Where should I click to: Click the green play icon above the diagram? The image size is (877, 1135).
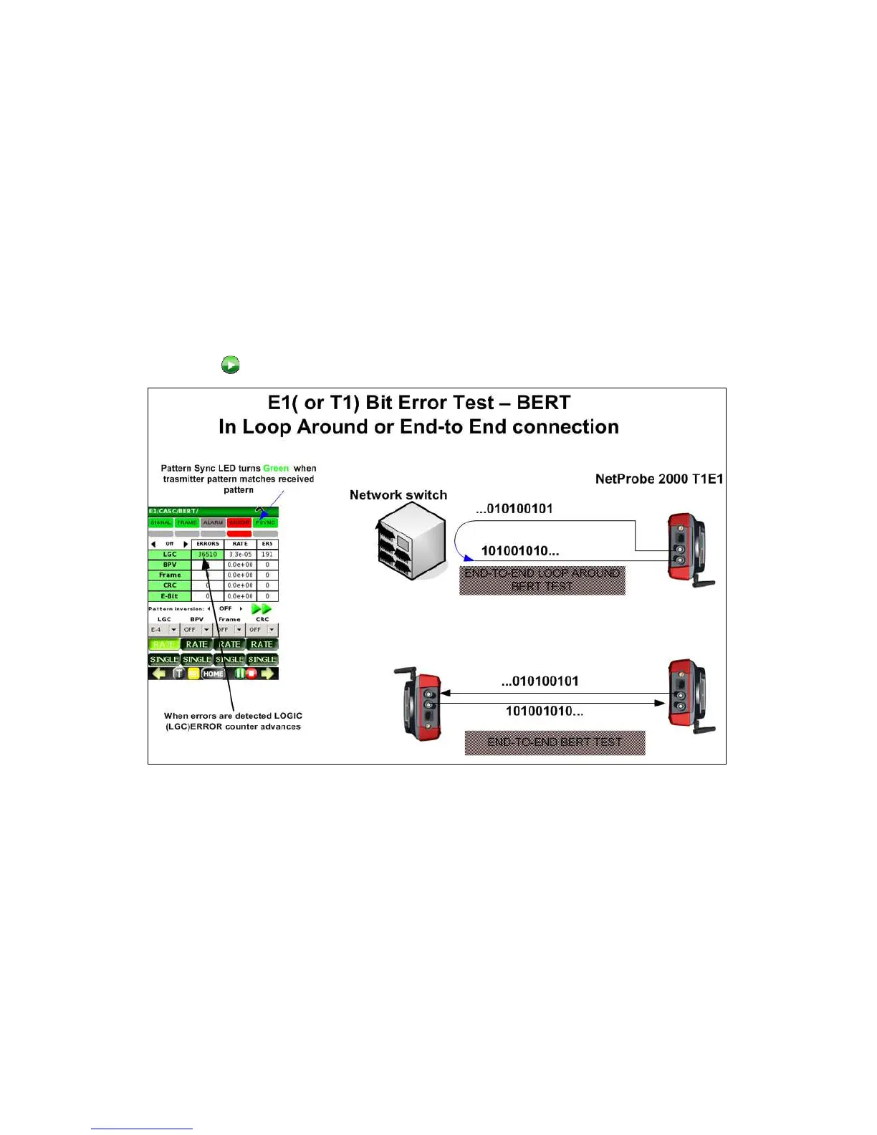230,365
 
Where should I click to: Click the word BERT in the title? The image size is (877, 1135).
543,403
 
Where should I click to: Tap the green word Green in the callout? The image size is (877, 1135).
276,468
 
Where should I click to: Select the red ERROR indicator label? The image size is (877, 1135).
239,522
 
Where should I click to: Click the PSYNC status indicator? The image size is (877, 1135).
265,522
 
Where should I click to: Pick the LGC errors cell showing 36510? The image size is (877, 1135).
208,554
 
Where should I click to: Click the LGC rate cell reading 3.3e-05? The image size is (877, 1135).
240,554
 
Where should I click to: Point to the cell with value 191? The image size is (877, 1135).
267,554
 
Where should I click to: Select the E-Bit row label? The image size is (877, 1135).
170,595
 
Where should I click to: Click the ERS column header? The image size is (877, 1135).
267,544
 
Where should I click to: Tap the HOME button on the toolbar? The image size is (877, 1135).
213,674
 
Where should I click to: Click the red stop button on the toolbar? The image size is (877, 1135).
251,674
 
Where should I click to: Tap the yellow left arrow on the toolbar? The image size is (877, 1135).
159,674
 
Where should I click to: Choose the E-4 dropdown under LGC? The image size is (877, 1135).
163,630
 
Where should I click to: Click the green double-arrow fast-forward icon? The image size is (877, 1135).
262,608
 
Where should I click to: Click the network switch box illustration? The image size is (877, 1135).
410,540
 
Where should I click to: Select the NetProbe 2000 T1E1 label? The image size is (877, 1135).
659,479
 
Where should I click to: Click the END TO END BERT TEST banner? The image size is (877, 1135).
555,742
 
